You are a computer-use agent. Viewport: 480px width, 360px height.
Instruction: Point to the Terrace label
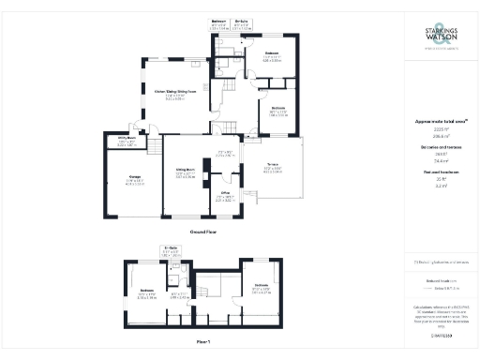click(x=273, y=170)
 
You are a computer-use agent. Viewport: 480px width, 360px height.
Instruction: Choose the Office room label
click(x=223, y=198)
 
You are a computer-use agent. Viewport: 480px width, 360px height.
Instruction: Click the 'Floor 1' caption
click(x=203, y=341)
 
